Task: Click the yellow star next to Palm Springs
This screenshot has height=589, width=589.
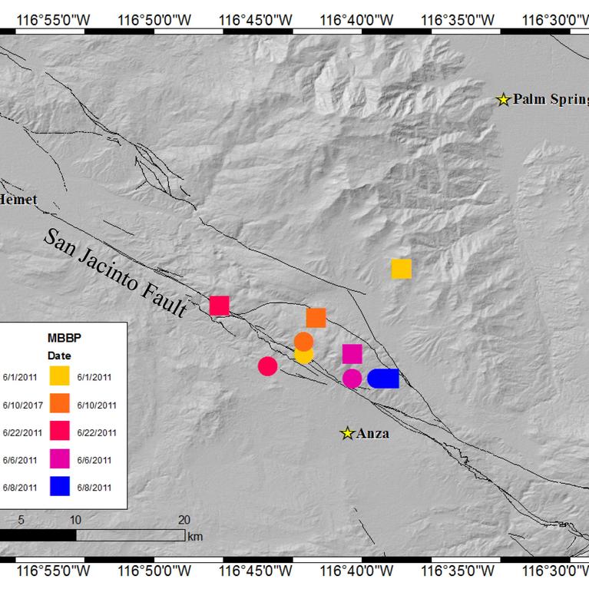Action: click(503, 100)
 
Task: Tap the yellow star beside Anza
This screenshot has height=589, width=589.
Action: click(347, 434)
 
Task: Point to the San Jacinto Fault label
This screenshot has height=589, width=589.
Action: click(116, 273)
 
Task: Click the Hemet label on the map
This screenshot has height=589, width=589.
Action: click(18, 200)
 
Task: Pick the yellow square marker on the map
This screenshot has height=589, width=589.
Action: click(402, 269)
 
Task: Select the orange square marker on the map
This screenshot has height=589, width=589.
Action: click(316, 318)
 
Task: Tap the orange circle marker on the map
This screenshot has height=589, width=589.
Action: click(303, 342)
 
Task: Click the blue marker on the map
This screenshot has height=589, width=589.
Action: click(383, 379)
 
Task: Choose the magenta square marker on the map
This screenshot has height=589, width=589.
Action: click(352, 353)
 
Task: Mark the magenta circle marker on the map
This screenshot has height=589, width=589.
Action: click(352, 378)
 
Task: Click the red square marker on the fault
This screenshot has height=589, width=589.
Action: click(220, 306)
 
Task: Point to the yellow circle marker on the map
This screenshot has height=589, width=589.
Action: click(304, 356)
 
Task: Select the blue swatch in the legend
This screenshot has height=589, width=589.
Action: click(61, 486)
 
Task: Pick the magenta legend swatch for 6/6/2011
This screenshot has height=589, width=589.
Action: click(61, 459)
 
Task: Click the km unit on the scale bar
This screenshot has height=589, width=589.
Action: click(195, 537)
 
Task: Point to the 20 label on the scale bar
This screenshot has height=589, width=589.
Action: click(184, 519)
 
